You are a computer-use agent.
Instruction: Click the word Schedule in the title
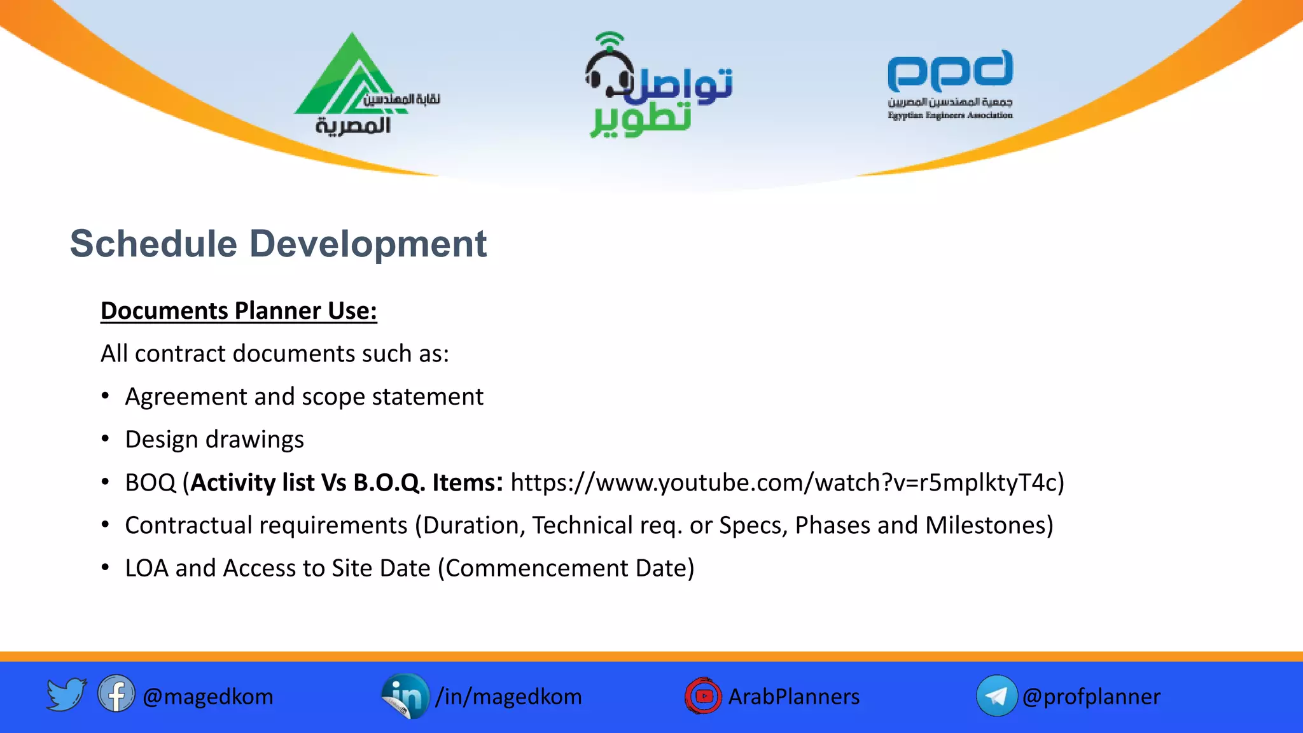pos(153,244)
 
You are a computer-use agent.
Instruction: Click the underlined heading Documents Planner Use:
pos(239,311)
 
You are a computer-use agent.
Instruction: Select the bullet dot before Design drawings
pos(106,439)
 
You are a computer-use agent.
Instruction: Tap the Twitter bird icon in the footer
pos(66,695)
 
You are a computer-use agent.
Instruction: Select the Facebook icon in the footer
pos(116,694)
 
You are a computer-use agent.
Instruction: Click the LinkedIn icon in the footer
pos(405,695)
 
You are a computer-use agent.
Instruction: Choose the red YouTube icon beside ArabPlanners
pos(703,695)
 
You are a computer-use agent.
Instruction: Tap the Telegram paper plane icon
pos(996,695)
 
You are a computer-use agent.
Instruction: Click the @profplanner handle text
pos(1091,697)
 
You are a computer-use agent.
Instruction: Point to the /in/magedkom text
pos(508,697)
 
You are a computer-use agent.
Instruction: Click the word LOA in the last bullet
pos(146,568)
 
